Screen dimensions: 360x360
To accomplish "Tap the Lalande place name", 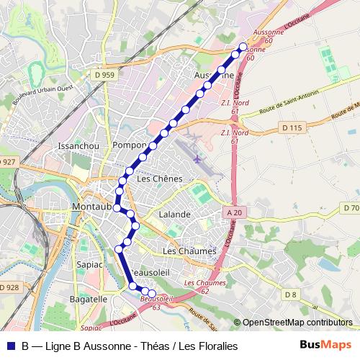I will click(x=176, y=215).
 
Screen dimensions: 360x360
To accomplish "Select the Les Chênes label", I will click(x=159, y=179).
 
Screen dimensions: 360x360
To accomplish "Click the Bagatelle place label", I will click(x=88, y=299).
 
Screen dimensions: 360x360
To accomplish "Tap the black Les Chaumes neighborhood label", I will click(x=189, y=251).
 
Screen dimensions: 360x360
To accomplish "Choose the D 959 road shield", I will click(x=104, y=74).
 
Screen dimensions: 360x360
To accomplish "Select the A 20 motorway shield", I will click(x=234, y=212).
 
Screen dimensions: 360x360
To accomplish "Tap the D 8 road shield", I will click(x=290, y=294).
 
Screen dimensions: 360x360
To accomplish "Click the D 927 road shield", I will click(x=8, y=162).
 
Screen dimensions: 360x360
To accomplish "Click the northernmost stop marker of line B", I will click(x=243, y=47).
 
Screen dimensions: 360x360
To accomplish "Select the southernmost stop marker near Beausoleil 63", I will click(x=153, y=294).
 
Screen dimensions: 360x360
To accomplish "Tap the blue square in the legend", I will click(x=9, y=346).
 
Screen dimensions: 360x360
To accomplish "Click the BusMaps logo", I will click(x=325, y=345).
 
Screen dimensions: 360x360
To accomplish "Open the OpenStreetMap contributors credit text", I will click(x=297, y=323).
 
